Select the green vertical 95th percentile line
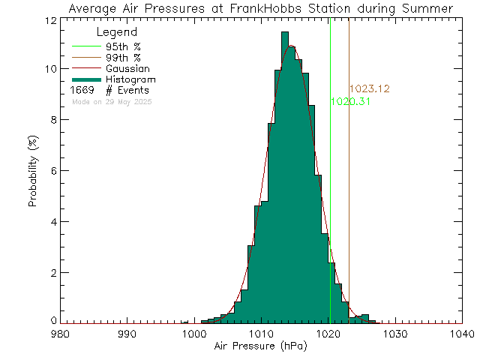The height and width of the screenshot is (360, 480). coord(330,187)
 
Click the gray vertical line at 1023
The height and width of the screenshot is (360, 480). coord(349,187)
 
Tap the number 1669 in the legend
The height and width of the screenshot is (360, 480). coord(86,90)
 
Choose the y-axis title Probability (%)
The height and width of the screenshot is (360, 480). coord(34,172)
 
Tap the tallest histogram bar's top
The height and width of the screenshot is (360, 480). coord(286,33)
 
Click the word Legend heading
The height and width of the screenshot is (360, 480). coord(117,33)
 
